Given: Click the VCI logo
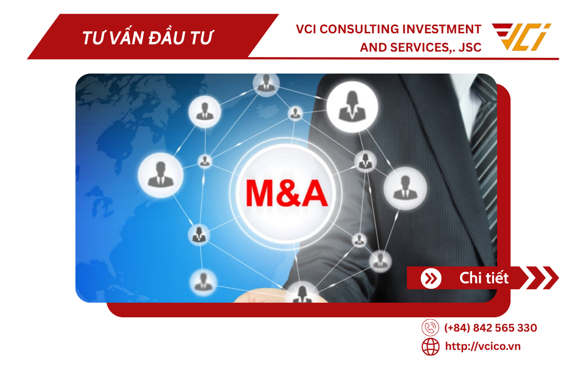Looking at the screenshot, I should click(521, 37).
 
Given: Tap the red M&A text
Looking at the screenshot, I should click(287, 193).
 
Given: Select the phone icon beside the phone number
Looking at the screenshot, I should click(430, 328).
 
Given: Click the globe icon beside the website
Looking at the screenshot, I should click(430, 347).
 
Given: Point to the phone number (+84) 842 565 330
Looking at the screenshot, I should click(490, 328).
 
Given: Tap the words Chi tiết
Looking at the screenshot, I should click(484, 279).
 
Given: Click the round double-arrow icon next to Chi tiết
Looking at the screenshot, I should click(431, 279).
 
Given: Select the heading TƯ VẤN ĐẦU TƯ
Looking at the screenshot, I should click(147, 38).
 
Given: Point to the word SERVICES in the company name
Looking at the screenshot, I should click(415, 47).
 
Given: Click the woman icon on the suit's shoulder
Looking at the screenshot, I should click(352, 105).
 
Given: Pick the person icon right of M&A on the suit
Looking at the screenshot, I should click(405, 187).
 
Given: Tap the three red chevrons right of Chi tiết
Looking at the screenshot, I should click(541, 278).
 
